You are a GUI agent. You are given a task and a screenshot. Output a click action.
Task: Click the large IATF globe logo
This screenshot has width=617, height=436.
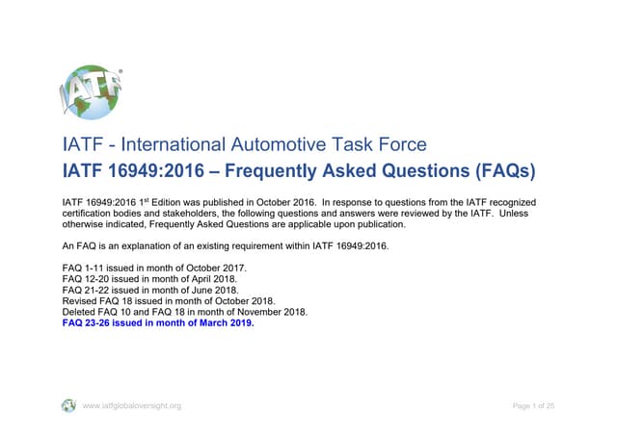[94, 95]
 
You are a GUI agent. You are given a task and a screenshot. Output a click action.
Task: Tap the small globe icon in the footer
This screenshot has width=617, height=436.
[68, 405]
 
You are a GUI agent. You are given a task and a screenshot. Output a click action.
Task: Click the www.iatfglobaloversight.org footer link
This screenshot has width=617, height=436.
[132, 405]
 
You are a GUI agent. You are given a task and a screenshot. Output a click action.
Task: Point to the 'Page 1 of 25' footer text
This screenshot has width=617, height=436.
[533, 405]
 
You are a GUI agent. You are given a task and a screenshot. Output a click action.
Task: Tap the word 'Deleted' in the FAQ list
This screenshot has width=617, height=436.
[80, 312]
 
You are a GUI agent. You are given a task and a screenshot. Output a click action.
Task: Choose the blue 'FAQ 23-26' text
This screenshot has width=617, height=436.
[87, 323]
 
